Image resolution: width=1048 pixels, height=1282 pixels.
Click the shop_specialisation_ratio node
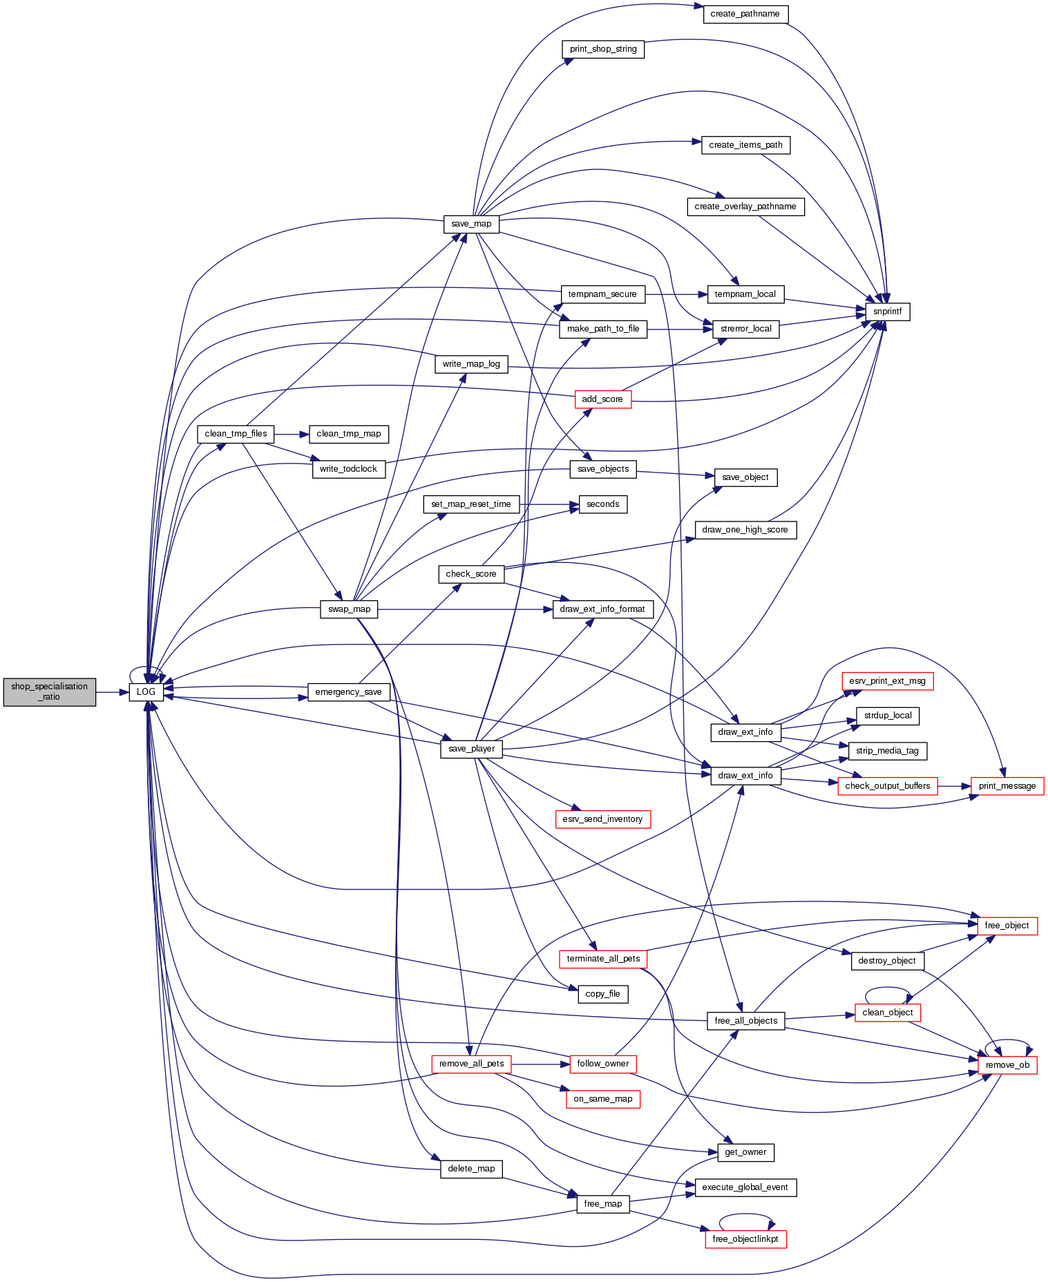[x=49, y=691]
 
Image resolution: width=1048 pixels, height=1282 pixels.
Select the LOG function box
[x=146, y=691]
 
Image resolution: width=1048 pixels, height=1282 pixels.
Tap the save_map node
[x=471, y=224]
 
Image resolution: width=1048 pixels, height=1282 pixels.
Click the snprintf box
[x=887, y=312]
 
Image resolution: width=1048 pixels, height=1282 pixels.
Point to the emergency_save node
[x=348, y=692]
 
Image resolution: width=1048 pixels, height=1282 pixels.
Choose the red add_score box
[x=602, y=399]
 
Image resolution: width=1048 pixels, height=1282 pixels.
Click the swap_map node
[x=349, y=609]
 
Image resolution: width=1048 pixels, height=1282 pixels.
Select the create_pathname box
[x=745, y=14]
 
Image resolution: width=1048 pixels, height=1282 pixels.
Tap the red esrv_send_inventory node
[x=602, y=819]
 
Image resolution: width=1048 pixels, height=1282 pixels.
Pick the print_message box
[x=1007, y=786]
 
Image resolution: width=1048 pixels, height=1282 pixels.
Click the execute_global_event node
[x=745, y=1187]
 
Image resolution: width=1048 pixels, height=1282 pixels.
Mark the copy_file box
[x=602, y=994]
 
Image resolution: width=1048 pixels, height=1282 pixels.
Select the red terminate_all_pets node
[x=602, y=959]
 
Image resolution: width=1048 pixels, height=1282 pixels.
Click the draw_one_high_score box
[x=745, y=530]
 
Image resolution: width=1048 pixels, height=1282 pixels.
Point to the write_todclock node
[x=348, y=469]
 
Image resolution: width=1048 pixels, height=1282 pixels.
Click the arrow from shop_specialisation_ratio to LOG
[x=112, y=691]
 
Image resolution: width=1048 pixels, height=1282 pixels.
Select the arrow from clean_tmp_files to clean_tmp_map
[x=291, y=434]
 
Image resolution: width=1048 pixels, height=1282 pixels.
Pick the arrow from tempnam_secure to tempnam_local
[x=676, y=294]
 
